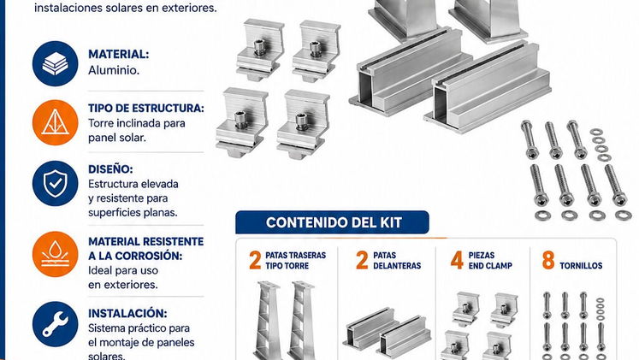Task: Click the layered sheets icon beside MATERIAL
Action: (55, 63)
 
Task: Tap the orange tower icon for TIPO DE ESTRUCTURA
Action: (55, 122)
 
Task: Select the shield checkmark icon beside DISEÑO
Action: (55, 183)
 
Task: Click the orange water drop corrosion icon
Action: (55, 254)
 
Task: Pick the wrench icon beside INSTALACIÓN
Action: (55, 324)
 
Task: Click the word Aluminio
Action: (114, 70)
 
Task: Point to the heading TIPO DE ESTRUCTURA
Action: (146, 109)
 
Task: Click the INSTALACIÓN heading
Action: (127, 313)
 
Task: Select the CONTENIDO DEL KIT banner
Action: (332, 222)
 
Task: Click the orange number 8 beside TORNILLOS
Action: (548, 260)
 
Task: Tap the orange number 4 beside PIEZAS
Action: (457, 260)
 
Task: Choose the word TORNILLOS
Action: (581, 266)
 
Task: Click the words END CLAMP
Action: (490, 266)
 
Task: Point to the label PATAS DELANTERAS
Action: (397, 261)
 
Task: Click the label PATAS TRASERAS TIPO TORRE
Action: (295, 261)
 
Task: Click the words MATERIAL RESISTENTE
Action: (146, 241)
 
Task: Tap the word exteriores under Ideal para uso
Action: (123, 285)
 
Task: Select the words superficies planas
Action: (133, 213)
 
